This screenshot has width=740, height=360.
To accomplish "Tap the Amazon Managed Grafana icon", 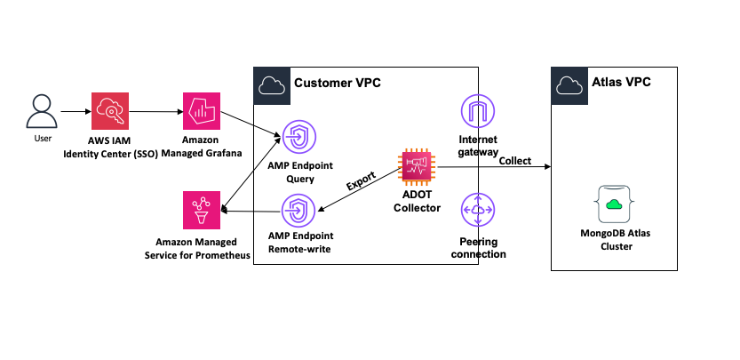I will point(201,111).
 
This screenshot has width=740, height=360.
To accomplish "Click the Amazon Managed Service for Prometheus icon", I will point(201,212).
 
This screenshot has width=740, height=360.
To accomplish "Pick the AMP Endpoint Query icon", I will point(299,138).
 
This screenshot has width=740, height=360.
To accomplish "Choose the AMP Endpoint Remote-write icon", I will point(299,212).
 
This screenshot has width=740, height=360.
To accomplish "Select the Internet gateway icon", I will point(478,111).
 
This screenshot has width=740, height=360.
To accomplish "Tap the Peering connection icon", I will point(478,211).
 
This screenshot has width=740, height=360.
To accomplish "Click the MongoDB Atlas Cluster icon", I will point(612,204).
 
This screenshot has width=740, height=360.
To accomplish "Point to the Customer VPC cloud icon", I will point(269,84).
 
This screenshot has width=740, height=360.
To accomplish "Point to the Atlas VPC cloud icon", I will point(568,84).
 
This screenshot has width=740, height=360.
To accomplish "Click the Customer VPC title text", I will point(337,84).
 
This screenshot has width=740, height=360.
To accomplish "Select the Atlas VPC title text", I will point(623,84).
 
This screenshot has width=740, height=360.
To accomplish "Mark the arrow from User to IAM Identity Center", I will point(76,112).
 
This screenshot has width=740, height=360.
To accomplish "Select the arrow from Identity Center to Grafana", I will point(155,112).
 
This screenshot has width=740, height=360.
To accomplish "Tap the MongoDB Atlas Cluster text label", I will point(612,240).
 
